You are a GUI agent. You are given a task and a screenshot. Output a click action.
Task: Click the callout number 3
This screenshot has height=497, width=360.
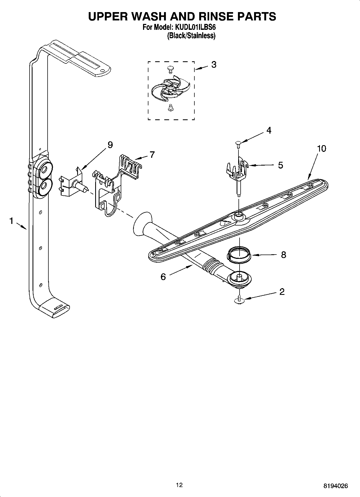[x=214, y=65]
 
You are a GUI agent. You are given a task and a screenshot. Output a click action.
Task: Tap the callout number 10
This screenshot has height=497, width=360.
[x=321, y=149]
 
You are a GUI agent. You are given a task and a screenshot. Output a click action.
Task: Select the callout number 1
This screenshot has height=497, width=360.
[x=11, y=221]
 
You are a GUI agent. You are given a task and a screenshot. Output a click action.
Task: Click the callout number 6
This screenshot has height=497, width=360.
[x=163, y=277]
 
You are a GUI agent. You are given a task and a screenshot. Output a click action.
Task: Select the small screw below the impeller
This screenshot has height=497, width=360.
[x=170, y=108]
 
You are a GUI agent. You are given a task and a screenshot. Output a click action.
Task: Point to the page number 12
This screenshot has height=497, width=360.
[x=179, y=485]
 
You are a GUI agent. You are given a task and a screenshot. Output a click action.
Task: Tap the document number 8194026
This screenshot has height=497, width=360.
[x=335, y=486]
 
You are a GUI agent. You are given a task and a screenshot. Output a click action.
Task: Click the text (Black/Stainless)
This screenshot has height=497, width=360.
[x=191, y=36]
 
